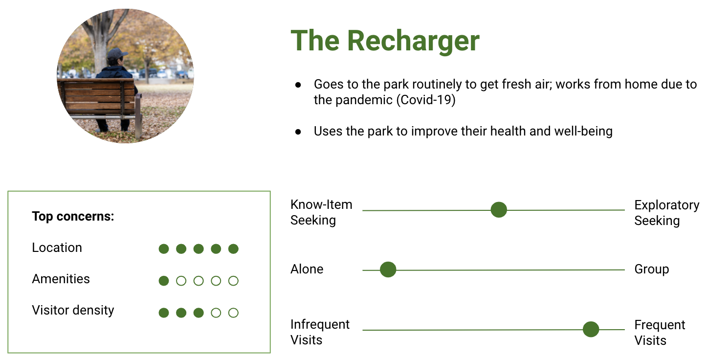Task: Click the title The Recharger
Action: tap(385, 41)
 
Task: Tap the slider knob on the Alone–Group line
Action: tap(388, 270)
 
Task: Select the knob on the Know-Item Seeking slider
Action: tap(499, 209)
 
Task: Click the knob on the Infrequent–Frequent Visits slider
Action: tap(591, 329)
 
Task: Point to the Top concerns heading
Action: tap(73, 217)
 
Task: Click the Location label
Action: tap(57, 247)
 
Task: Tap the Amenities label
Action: tap(61, 279)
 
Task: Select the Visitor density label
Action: tap(73, 311)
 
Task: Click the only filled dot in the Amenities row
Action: tap(164, 281)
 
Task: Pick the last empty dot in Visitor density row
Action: tap(233, 313)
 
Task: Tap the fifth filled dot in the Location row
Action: tap(233, 249)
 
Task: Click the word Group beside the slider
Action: tap(652, 270)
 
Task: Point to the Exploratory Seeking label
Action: tap(667, 213)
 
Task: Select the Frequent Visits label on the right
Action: tap(660, 333)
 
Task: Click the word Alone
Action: tap(307, 269)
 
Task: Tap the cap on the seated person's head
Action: tap(116, 53)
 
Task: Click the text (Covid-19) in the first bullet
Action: tap(426, 100)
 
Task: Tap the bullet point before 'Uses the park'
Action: tap(298, 132)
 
